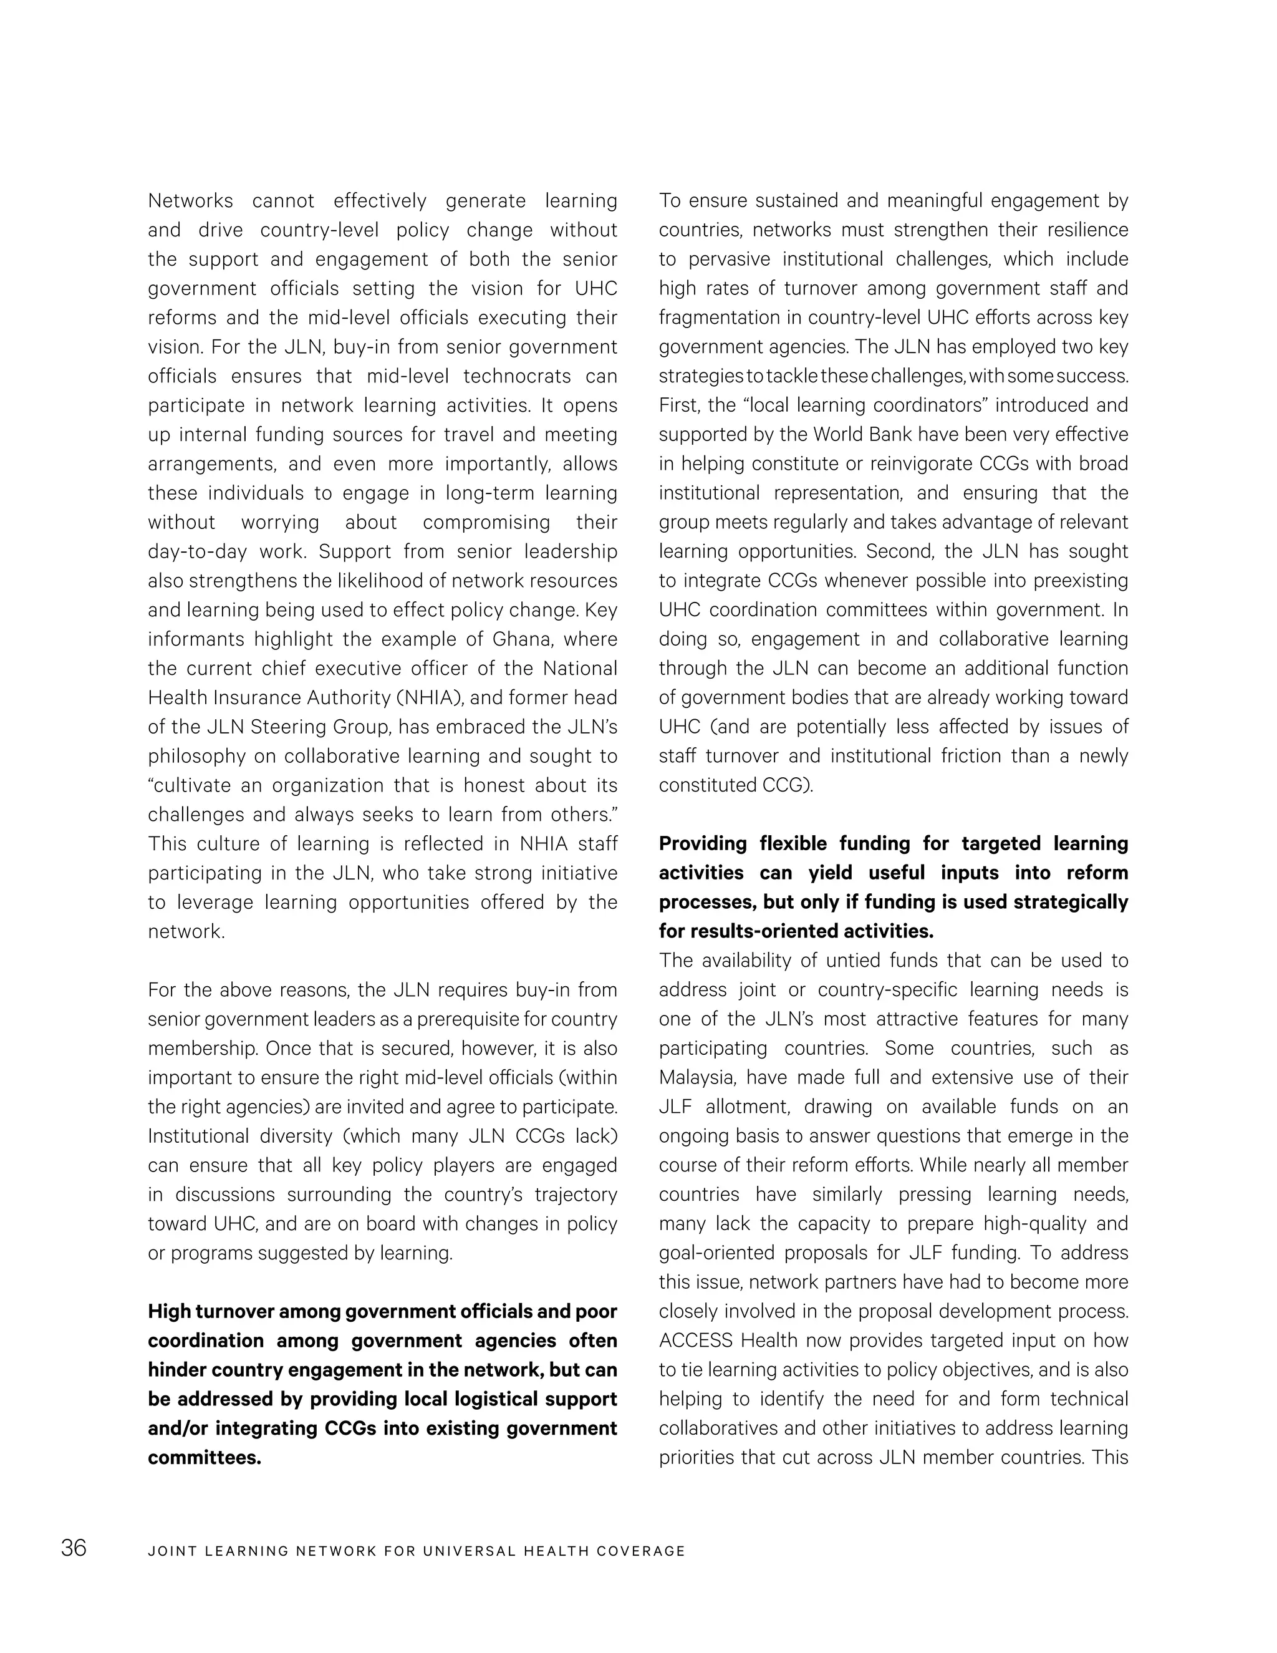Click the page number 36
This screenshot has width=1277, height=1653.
[x=74, y=1548]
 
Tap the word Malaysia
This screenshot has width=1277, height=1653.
[x=691, y=1077]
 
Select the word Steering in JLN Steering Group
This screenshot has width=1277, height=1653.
[x=287, y=727]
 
